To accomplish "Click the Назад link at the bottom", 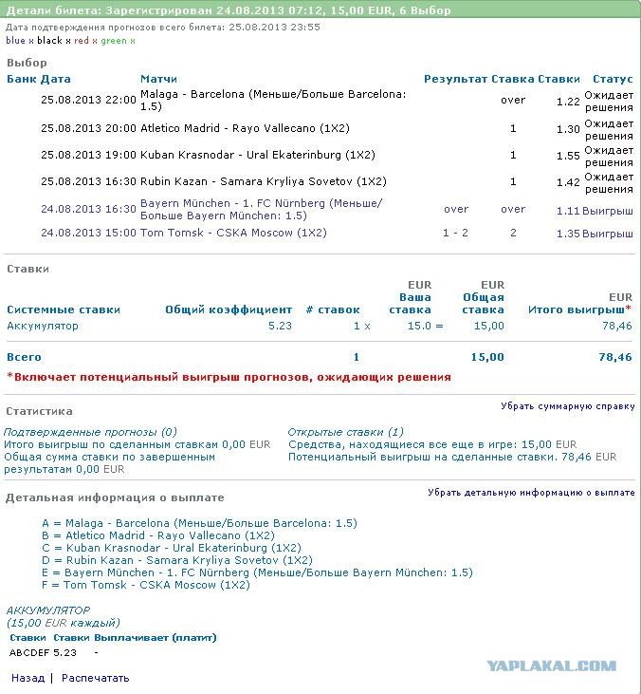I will (27, 678).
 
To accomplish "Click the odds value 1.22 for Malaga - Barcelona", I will (568, 102).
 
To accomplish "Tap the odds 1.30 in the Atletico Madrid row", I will (568, 129).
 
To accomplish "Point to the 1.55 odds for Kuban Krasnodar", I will (568, 155).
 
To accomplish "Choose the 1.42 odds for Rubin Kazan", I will (568, 181).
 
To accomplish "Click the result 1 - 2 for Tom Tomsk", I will (456, 233).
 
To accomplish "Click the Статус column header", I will (613, 79).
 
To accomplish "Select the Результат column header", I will (455, 79).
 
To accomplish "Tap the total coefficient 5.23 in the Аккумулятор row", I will (281, 326).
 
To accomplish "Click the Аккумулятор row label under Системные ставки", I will (43, 326).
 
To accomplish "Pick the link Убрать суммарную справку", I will (568, 406).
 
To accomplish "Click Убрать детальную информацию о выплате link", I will (531, 493).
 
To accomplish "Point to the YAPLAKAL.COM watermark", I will (552, 666).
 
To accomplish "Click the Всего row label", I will (24, 357).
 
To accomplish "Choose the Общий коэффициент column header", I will (229, 309).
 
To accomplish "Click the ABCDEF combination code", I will (29, 652).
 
